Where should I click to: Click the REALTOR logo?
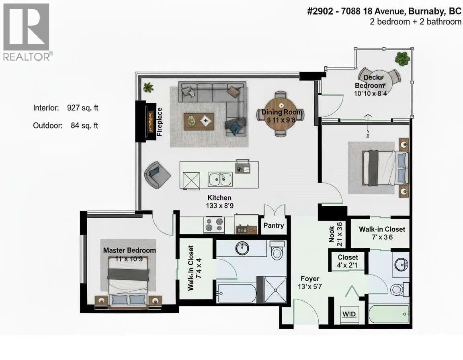(26, 31)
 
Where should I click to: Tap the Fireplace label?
(159, 122)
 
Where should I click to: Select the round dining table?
(280, 114)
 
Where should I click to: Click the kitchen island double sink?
(219, 179)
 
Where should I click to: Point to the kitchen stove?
(214, 225)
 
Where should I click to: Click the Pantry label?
(274, 225)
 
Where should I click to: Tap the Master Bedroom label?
(129, 250)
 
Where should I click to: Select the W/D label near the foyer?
(349, 314)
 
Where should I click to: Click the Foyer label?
(310, 278)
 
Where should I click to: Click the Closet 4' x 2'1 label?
(348, 261)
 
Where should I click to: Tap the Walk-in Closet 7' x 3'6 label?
(382, 233)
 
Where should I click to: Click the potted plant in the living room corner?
(148, 87)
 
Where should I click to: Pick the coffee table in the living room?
(199, 121)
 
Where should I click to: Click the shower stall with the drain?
(274, 290)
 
